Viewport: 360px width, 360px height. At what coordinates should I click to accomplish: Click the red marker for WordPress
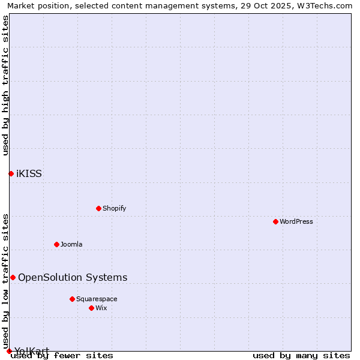(275, 221)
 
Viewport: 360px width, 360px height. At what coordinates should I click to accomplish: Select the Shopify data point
(98, 208)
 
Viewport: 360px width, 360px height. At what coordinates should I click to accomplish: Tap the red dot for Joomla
(56, 244)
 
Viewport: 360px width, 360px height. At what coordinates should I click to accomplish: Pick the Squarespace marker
(72, 299)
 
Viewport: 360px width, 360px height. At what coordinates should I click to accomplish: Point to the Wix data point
(91, 308)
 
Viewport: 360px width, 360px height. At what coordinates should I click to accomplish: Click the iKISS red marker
(11, 173)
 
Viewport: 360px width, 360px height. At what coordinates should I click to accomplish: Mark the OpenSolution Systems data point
(13, 277)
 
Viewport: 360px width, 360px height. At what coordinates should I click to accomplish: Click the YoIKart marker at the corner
(9, 351)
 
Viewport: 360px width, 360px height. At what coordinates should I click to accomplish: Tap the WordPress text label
(296, 221)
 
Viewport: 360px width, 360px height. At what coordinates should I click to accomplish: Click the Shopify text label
(114, 208)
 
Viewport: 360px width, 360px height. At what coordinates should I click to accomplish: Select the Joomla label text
(71, 244)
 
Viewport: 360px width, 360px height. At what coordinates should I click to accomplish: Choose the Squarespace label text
(97, 299)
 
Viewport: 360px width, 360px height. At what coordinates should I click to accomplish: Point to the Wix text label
(101, 308)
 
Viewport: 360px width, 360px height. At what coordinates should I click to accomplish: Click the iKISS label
(29, 174)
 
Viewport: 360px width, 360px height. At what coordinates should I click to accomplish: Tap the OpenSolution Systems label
(73, 277)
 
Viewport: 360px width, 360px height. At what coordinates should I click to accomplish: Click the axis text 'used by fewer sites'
(62, 356)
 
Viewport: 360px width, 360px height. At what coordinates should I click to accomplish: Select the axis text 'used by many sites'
(301, 356)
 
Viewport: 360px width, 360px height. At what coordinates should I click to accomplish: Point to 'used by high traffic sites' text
(5, 85)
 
